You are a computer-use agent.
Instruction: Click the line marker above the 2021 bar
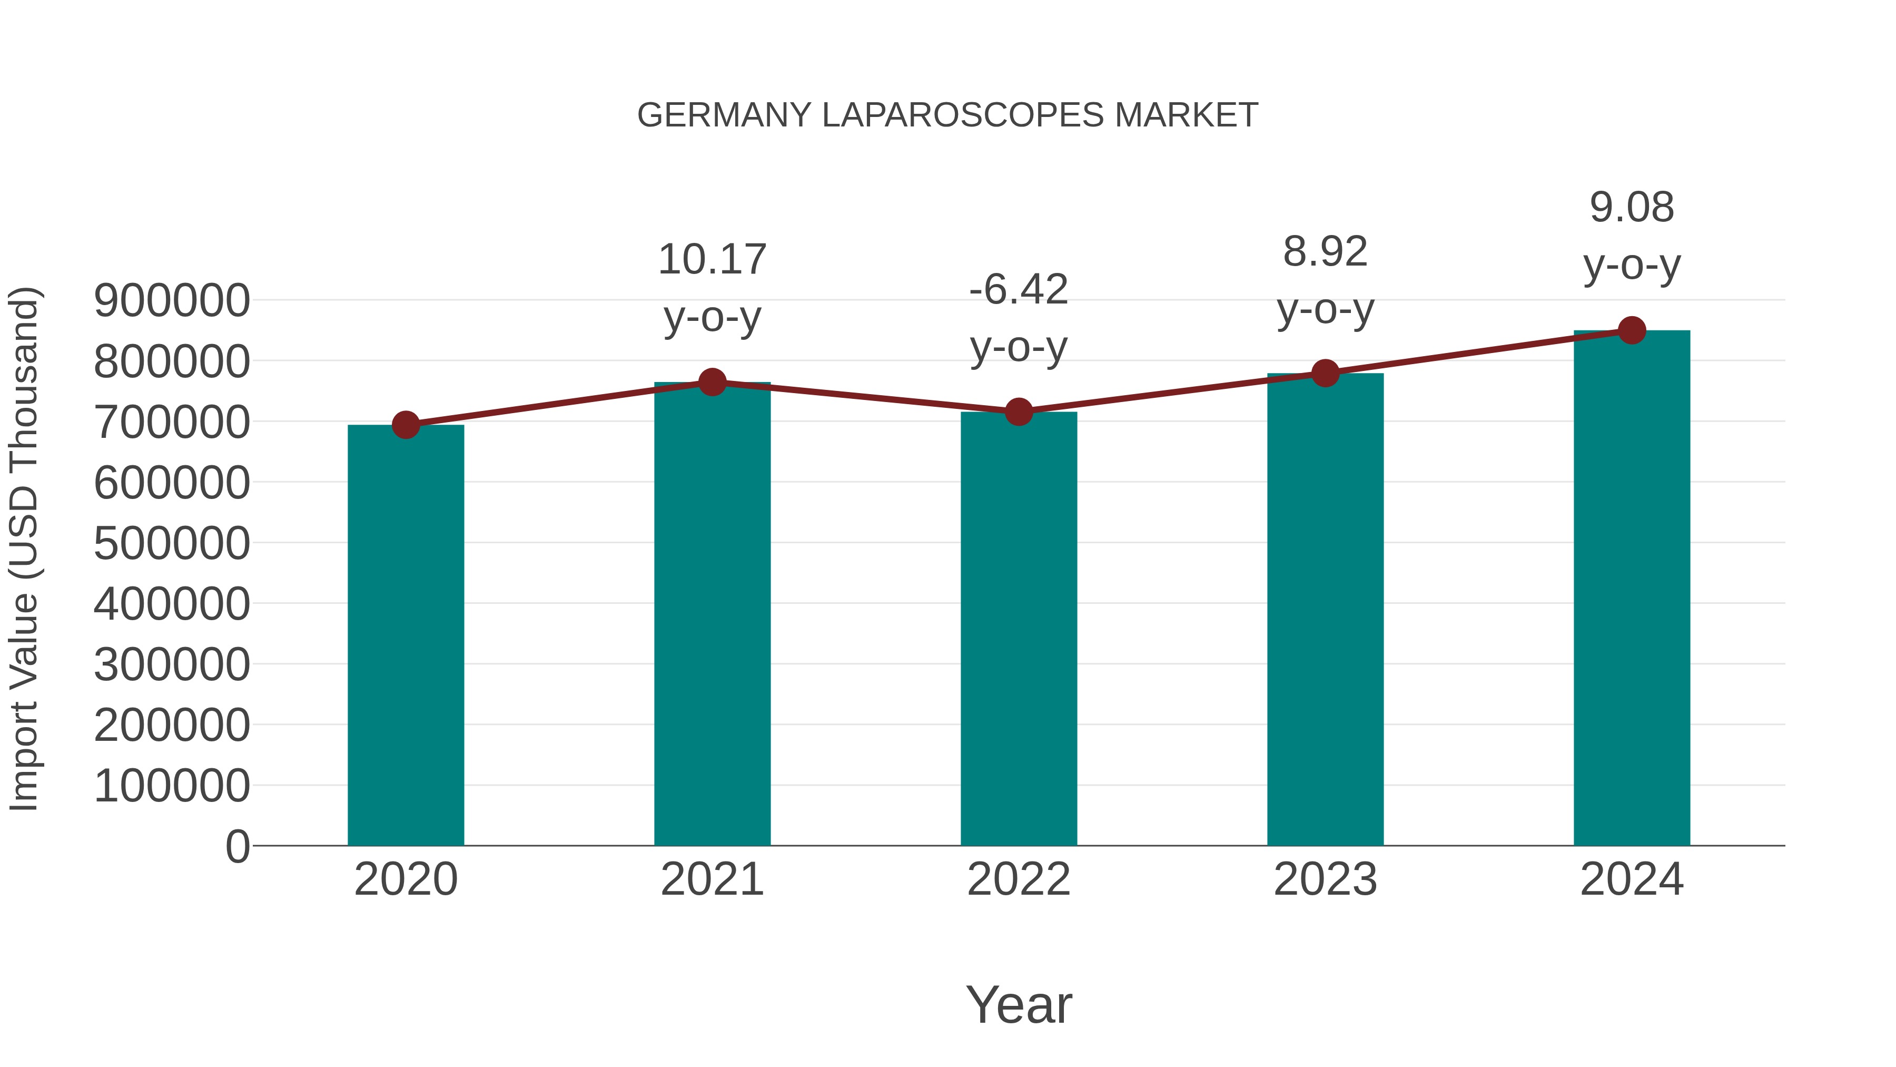pyautogui.click(x=712, y=382)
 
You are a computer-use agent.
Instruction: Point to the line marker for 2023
pyautogui.click(x=1325, y=374)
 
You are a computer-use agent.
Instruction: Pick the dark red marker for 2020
pyautogui.click(x=406, y=425)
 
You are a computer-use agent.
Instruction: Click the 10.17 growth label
pyautogui.click(x=712, y=260)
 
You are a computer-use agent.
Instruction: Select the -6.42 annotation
pyautogui.click(x=1019, y=289)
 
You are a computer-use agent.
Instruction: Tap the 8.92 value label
pyautogui.click(x=1325, y=252)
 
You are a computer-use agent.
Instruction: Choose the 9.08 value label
pyautogui.click(x=1632, y=207)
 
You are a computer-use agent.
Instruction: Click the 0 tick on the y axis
pyautogui.click(x=237, y=846)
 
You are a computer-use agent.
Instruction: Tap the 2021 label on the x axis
pyautogui.click(x=712, y=879)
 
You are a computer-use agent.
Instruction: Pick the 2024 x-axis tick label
pyautogui.click(x=1632, y=879)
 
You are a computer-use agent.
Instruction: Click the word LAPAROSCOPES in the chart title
pyautogui.click(x=963, y=115)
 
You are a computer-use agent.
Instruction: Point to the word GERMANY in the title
pyautogui.click(x=724, y=115)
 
